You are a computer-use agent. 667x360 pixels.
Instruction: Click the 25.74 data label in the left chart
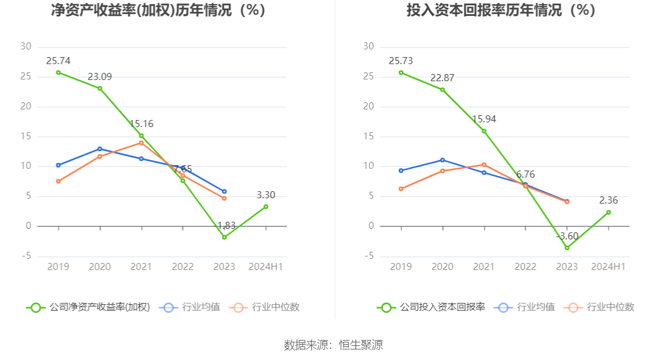58,61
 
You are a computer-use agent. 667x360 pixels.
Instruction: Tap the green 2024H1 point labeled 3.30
266,206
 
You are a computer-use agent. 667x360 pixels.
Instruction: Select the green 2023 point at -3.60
567,248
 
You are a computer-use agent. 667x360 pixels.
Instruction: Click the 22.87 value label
442,78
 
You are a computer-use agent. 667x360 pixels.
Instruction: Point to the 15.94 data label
484,119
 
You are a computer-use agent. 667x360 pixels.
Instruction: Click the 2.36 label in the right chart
608,200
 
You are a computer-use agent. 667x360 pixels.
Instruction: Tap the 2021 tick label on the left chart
141,266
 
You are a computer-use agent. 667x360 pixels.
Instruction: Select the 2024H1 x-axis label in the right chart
608,266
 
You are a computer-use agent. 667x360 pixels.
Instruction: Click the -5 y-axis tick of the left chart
26,256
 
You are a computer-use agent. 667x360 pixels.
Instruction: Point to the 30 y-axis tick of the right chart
369,46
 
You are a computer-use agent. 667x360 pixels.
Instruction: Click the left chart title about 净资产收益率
158,11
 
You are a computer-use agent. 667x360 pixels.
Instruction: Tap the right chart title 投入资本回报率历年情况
501,11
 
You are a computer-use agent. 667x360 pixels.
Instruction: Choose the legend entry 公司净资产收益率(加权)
88,307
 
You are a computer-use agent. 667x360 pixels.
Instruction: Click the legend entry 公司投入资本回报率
431,307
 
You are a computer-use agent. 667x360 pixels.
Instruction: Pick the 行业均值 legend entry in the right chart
526,307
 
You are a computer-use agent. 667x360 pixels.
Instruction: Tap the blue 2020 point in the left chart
100,149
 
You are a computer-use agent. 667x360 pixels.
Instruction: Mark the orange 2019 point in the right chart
401,189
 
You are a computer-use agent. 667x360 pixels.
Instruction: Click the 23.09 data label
100,76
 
